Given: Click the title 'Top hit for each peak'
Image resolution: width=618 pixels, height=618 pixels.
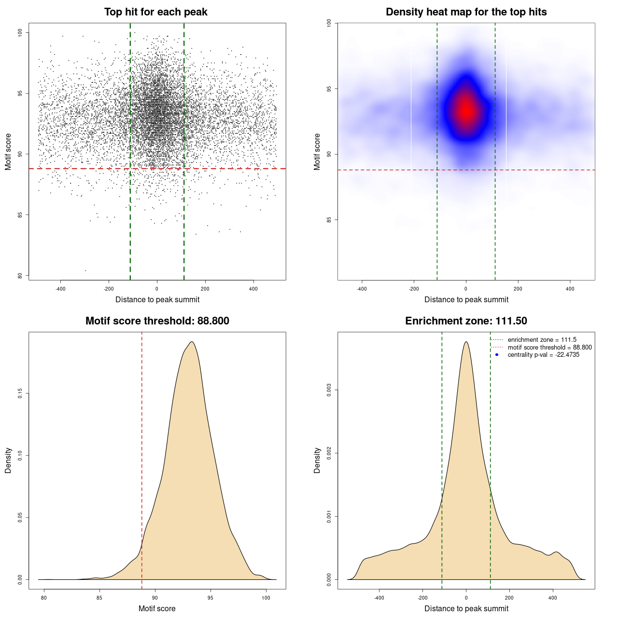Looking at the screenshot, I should click(x=155, y=12).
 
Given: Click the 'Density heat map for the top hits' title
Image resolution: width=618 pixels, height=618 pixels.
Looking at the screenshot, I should click(x=466, y=12).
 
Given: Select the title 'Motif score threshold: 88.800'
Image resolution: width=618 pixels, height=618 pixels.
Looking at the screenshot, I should click(x=157, y=321).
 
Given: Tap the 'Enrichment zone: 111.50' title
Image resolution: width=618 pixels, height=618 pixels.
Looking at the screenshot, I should click(x=466, y=321).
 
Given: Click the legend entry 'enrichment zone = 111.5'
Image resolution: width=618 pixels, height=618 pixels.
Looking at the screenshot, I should click(x=542, y=340).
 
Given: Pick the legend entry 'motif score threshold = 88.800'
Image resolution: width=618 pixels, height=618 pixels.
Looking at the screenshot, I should click(x=549, y=347).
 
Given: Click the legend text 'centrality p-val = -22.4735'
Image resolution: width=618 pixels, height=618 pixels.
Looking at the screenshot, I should click(x=543, y=355).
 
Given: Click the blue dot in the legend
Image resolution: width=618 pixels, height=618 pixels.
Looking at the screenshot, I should click(x=496, y=355).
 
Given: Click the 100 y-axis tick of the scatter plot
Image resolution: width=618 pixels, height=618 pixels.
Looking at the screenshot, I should click(x=20, y=32).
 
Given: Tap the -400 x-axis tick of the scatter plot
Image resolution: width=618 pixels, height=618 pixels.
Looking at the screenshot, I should click(x=60, y=289).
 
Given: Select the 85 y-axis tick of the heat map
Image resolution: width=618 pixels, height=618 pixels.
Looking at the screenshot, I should click(x=329, y=220).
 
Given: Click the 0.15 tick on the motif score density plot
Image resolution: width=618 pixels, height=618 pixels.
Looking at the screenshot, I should click(x=20, y=393).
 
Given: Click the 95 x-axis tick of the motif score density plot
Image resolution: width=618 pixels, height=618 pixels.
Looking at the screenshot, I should click(x=210, y=598).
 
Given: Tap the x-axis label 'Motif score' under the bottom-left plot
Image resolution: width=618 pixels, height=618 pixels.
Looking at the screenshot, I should click(x=157, y=608).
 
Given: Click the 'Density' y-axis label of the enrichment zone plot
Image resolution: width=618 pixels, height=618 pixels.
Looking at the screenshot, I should click(x=317, y=460).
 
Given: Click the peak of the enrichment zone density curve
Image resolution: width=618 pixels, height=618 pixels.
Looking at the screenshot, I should click(x=466, y=342).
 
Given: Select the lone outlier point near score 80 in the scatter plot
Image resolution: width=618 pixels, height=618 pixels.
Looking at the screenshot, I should click(x=85, y=270).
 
